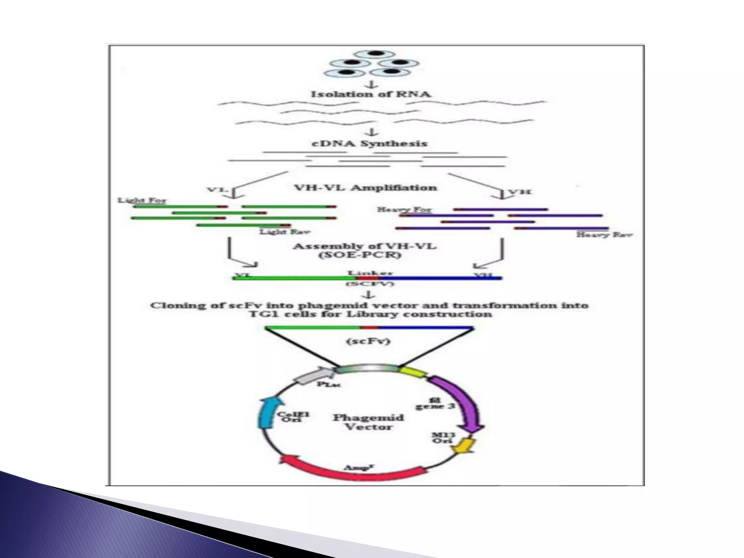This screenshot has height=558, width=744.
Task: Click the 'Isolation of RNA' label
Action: click(371, 94)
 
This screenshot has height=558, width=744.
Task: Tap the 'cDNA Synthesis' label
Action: click(370, 143)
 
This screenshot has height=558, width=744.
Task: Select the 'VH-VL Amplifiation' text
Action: click(365, 188)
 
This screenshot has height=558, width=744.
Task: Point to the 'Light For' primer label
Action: click(142, 200)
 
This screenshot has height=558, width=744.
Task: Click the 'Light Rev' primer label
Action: click(285, 231)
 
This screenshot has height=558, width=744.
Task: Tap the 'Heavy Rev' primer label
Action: click(604, 235)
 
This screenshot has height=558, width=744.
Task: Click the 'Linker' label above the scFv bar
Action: click(370, 273)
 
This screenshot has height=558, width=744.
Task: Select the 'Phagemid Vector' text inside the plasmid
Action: click(368, 422)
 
